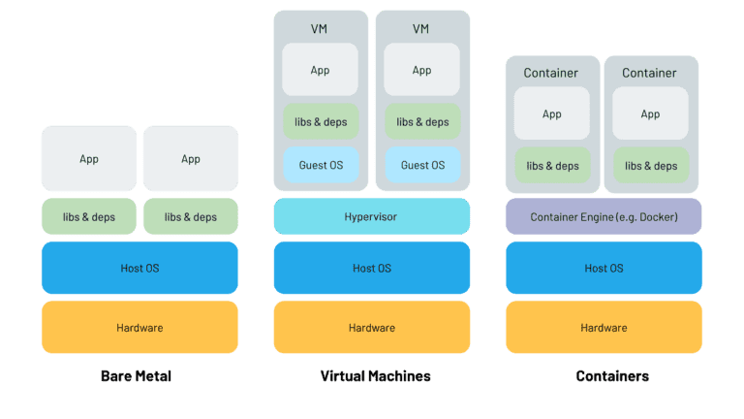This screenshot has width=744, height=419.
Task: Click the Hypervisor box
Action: click(x=372, y=216)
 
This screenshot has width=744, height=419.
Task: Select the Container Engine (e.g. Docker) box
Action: click(x=603, y=216)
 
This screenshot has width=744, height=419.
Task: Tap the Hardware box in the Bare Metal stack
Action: click(x=139, y=327)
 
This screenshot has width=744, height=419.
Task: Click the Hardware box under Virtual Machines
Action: click(x=372, y=327)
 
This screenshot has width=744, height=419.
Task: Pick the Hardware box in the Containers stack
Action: click(x=603, y=327)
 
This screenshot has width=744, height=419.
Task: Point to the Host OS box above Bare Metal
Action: click(x=139, y=268)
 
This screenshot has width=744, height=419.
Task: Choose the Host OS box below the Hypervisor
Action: click(x=372, y=268)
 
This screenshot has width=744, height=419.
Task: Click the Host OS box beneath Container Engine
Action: click(x=603, y=268)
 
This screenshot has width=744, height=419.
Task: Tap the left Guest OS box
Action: click(x=320, y=165)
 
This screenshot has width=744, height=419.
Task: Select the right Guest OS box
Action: click(x=422, y=165)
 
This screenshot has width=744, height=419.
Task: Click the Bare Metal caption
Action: click(x=136, y=375)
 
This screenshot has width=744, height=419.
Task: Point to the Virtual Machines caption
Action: click(x=375, y=375)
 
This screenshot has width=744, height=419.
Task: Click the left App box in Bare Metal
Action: click(x=88, y=158)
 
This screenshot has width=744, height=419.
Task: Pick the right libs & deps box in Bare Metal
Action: click(x=191, y=216)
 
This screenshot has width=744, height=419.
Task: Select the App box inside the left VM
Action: click(x=320, y=70)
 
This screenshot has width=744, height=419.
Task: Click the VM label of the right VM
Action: click(x=420, y=29)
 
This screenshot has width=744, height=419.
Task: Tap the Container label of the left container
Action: click(x=551, y=73)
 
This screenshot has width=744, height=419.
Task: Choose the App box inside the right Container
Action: click(x=650, y=113)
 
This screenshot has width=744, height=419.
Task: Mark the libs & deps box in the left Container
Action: click(x=552, y=165)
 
